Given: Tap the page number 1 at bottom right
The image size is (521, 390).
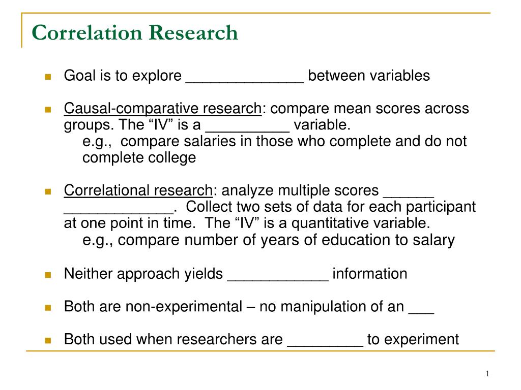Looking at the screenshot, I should [x=487, y=374].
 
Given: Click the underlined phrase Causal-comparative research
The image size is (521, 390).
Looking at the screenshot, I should [x=162, y=109].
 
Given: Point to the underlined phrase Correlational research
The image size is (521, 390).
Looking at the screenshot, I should [x=138, y=190].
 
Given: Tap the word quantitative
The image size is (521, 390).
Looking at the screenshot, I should [x=333, y=223].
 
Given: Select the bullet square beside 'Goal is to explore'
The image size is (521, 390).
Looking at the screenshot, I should [x=48, y=77].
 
